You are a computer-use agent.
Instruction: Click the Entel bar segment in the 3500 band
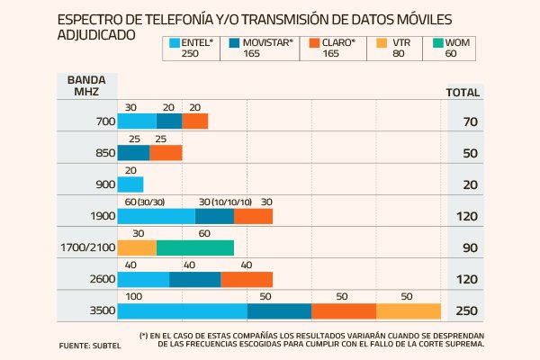tap(182, 310)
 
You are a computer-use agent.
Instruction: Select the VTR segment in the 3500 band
tap(409, 310)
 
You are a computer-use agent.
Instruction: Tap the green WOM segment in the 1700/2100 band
tap(194, 247)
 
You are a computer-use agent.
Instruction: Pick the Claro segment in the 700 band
tap(194, 121)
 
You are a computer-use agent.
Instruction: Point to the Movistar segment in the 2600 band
tap(194, 279)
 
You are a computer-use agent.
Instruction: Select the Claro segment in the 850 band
tap(166, 152)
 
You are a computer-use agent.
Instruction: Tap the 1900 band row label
tap(102, 216)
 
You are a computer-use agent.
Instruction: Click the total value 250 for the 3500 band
tap(464, 311)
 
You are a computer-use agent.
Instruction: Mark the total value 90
tap(464, 248)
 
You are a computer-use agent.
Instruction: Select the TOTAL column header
tap(463, 92)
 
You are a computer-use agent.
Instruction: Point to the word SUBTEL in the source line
tap(106, 346)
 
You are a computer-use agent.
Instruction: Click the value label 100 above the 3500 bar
tap(133, 295)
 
